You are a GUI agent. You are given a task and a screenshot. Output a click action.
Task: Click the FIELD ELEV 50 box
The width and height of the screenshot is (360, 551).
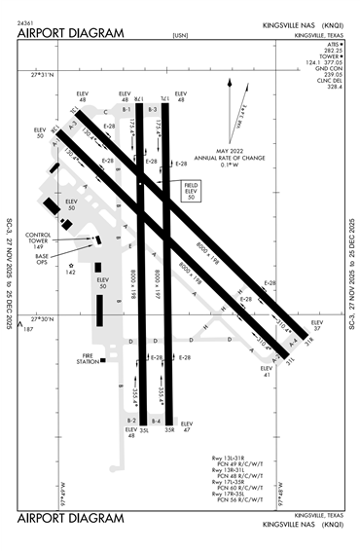coord(190,191)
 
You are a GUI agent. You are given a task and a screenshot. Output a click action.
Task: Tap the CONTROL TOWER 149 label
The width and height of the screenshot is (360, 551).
coord(39,240)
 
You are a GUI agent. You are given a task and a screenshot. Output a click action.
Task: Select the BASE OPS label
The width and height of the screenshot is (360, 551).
coord(42,258)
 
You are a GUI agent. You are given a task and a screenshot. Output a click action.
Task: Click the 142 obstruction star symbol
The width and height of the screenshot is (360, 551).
coord(70,265)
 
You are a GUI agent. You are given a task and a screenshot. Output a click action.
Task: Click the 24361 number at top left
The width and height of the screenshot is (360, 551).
coord(26,20)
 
